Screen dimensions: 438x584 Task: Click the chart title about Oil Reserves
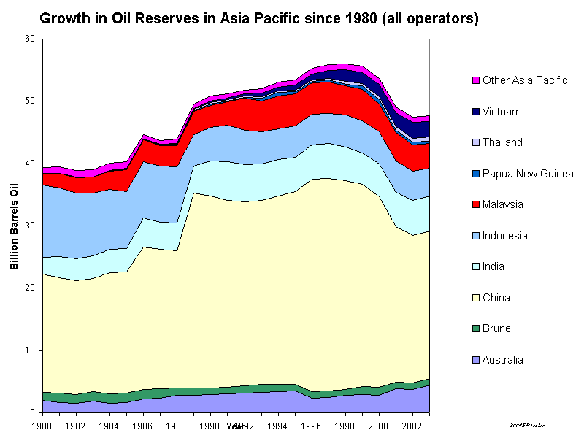(259, 18)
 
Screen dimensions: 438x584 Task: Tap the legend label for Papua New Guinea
(528, 174)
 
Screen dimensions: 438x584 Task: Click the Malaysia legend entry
(503, 204)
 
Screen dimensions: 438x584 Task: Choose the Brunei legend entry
(496, 328)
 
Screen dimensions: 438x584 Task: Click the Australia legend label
(503, 360)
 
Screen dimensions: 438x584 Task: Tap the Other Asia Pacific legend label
(525, 80)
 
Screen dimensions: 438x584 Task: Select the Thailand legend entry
(502, 142)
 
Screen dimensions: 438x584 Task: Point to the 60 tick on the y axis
(29, 39)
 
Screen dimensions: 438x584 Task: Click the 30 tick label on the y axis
(29, 226)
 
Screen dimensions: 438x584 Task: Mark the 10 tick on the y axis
(29, 350)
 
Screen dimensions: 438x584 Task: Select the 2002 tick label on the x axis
(412, 424)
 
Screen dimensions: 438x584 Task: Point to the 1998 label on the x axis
(344, 424)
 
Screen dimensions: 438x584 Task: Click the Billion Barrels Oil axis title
(14, 226)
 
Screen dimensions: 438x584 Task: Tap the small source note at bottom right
(527, 425)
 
